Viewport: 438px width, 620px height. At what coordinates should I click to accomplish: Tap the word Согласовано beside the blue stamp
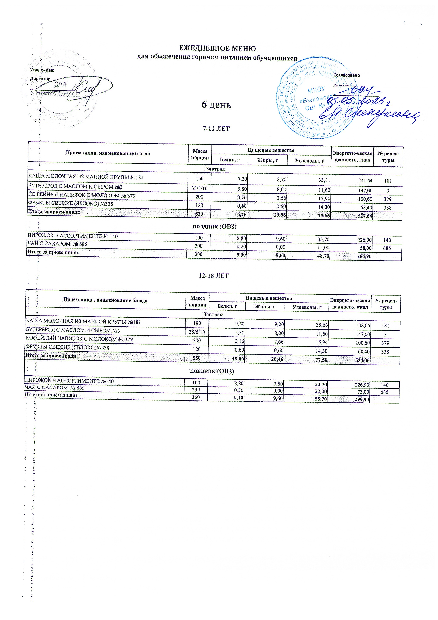[x=346, y=75]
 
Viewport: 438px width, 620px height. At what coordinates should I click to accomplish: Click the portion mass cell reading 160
[x=200, y=179]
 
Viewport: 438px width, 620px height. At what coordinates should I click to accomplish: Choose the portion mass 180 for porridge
[x=198, y=323]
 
